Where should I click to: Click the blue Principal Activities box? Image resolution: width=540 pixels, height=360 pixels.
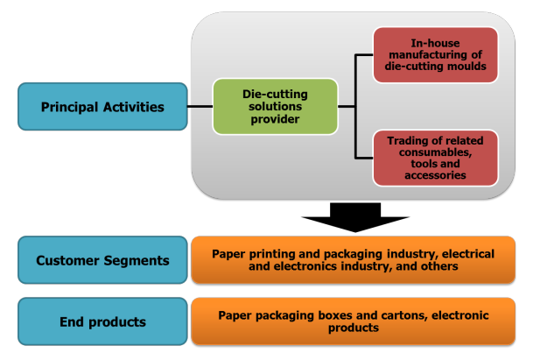pyautogui.click(x=102, y=108)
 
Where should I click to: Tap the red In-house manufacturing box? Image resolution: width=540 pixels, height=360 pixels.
pyautogui.click(x=435, y=55)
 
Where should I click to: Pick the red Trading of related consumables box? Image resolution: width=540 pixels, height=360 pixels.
pyautogui.click(x=435, y=158)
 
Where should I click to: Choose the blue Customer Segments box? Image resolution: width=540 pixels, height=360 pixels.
pyautogui.click(x=102, y=260)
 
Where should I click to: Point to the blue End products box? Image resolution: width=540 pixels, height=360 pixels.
pyautogui.click(x=102, y=321)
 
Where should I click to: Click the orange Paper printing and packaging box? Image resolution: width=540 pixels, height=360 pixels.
pyautogui.click(x=353, y=260)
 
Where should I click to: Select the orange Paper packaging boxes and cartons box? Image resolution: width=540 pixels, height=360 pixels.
pyautogui.click(x=353, y=321)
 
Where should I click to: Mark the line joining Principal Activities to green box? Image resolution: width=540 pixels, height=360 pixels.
pyautogui.click(x=200, y=107)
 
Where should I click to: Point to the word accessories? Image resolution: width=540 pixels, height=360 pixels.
pyautogui.click(x=435, y=175)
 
